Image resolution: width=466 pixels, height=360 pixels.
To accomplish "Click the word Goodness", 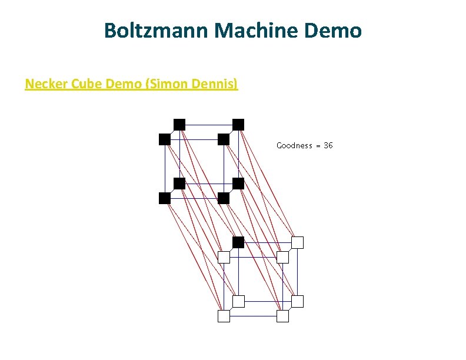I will (294, 145).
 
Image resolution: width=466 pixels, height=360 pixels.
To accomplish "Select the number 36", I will (328, 145).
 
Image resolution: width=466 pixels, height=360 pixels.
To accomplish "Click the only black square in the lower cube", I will (238, 242).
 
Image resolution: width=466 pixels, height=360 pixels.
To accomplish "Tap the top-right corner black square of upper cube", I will (238, 124).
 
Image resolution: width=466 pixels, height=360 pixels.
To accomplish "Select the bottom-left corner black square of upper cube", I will (165, 198).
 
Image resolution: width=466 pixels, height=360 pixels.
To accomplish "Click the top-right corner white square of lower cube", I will (298, 242).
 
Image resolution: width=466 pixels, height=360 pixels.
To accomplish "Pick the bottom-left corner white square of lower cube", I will (224, 316).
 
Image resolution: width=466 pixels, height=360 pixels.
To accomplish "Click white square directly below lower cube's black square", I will (238, 301).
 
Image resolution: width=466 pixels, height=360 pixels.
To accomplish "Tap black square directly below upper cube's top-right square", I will (238, 184).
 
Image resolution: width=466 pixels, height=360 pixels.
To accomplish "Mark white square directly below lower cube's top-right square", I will (298, 301).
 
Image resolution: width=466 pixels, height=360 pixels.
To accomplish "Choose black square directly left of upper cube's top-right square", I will (179, 124).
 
